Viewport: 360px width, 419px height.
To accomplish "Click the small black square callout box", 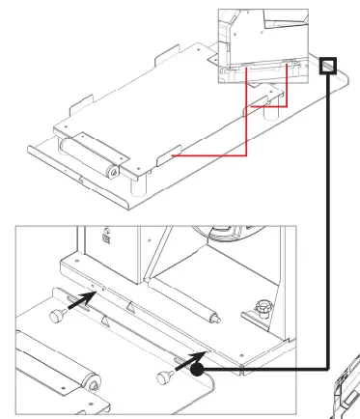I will click(329, 65).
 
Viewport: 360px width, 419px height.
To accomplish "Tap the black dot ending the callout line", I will click(198, 367).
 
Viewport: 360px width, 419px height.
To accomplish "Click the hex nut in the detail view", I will click(258, 310).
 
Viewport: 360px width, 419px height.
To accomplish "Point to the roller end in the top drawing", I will click(114, 172).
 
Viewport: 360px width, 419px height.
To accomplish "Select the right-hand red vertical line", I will click(289, 98).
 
